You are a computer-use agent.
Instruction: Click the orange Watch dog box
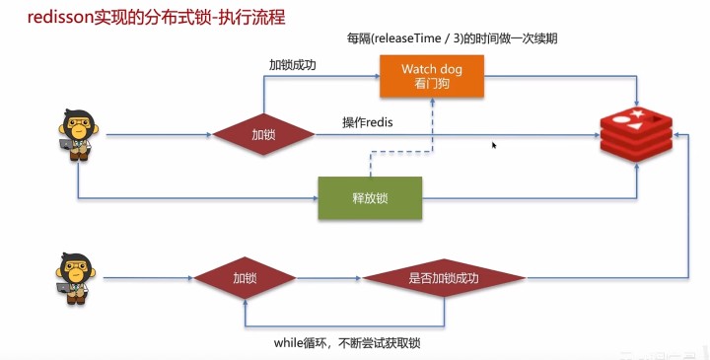click(x=431, y=77)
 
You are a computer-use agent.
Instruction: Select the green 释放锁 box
click(x=369, y=198)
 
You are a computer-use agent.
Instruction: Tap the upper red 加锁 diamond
click(x=263, y=134)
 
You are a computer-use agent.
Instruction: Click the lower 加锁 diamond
click(x=246, y=279)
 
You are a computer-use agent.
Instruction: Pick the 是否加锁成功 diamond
click(x=443, y=279)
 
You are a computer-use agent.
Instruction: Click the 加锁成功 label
click(x=292, y=65)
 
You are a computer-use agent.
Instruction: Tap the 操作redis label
click(x=368, y=122)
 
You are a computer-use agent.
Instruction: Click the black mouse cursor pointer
click(x=494, y=145)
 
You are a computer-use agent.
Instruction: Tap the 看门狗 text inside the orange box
click(x=431, y=86)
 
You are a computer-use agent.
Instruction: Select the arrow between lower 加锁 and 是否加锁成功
click(x=330, y=279)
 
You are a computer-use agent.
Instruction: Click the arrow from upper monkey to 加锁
click(x=158, y=134)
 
